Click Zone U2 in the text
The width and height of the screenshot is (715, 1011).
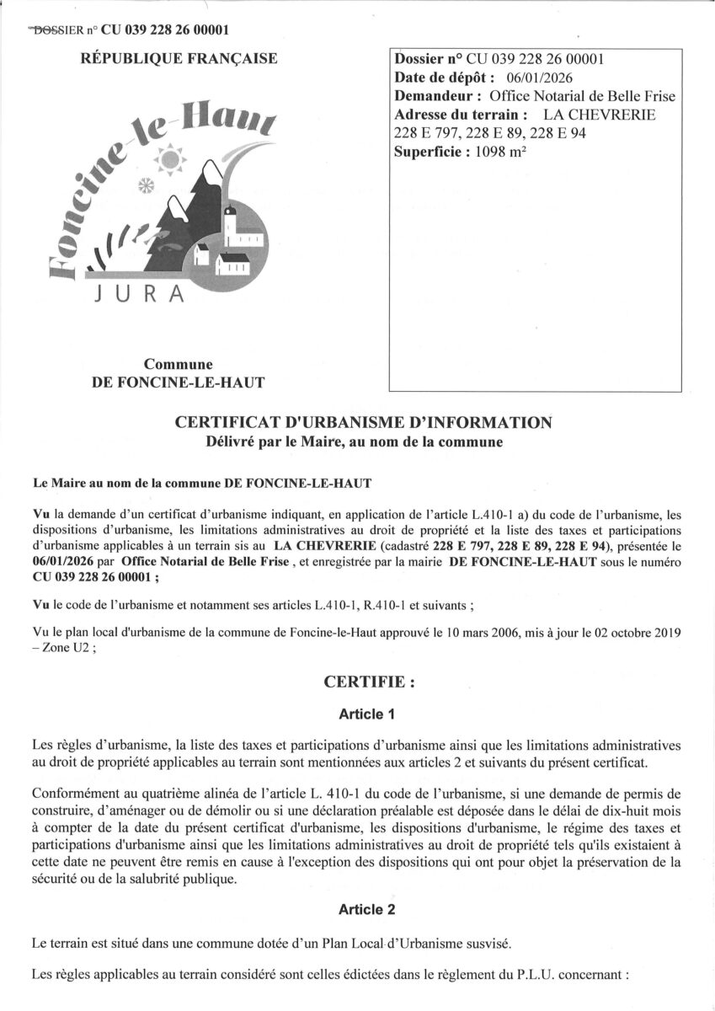point(57,648)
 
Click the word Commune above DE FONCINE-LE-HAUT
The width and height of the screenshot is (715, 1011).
point(177,365)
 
